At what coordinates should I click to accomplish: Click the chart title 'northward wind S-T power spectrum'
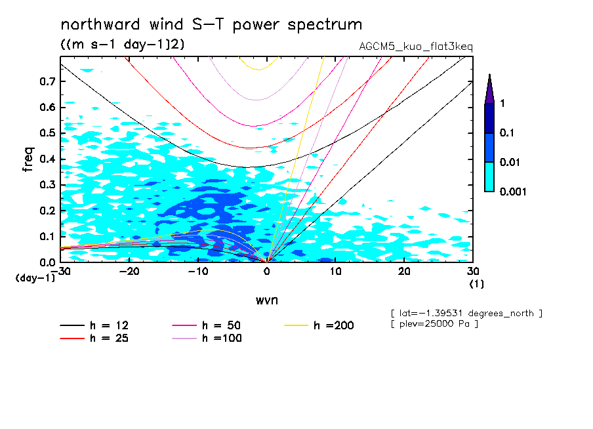coord(211,25)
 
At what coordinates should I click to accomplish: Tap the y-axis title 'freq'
coord(28,159)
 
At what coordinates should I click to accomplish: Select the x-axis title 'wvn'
coord(267,300)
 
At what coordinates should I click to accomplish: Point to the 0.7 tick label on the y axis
coord(47,81)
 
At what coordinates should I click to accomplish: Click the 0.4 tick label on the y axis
coord(47,159)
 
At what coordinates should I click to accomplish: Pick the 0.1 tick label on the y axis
coord(47,236)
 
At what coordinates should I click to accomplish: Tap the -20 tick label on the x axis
coord(129,272)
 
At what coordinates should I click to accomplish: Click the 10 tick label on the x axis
coord(335,272)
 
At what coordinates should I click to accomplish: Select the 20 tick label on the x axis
coord(404,272)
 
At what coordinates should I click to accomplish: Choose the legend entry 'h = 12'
coord(94,325)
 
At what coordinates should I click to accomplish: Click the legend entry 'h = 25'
coord(94,338)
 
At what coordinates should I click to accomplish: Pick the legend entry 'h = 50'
coord(207,325)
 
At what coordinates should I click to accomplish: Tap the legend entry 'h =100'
coord(207,338)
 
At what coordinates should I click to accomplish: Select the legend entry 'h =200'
coord(319,325)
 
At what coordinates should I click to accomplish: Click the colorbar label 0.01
coord(510,162)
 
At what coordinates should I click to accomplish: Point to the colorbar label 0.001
coord(513,192)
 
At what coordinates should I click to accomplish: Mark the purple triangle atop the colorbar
coord(490,89)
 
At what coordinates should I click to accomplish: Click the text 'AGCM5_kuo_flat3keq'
coord(416,47)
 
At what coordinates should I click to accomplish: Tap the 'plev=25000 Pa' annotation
coord(434,324)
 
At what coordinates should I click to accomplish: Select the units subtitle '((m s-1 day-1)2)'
coord(123,44)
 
